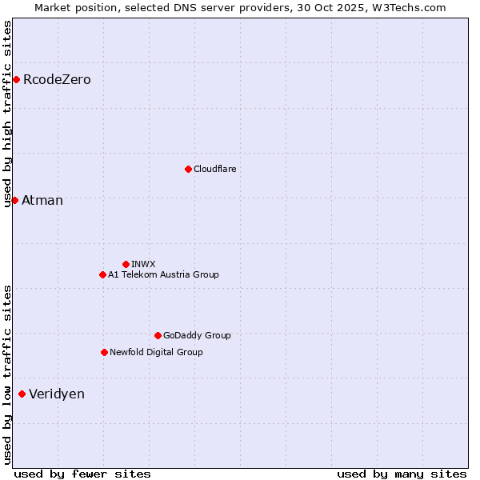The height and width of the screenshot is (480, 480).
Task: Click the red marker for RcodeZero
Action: click(16, 79)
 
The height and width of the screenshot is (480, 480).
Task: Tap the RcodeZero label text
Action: click(57, 80)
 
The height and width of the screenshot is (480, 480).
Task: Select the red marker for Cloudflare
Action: click(188, 169)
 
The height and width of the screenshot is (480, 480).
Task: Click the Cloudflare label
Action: click(215, 169)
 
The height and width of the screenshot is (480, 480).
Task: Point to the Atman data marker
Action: click(14, 200)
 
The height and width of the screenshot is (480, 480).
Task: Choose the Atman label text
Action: click(42, 201)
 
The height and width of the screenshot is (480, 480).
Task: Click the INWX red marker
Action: click(126, 264)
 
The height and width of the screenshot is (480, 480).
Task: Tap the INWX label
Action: click(143, 264)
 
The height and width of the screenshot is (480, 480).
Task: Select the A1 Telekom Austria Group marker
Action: click(102, 274)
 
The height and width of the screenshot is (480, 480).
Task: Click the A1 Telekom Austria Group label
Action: click(163, 274)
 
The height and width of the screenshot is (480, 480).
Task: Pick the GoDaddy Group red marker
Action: click(158, 335)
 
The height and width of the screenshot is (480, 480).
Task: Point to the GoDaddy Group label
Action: click(197, 335)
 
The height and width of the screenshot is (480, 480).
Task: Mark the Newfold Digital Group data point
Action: click(104, 352)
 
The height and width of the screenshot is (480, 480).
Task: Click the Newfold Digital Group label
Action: click(156, 352)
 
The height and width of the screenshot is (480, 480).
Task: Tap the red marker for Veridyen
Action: click(22, 394)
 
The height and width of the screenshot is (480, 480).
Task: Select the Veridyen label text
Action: click(57, 394)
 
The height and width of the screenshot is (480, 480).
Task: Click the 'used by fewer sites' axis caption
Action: click(82, 474)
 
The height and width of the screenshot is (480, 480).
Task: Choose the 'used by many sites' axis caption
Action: click(402, 474)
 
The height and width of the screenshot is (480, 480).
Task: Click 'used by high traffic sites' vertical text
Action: click(8, 114)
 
